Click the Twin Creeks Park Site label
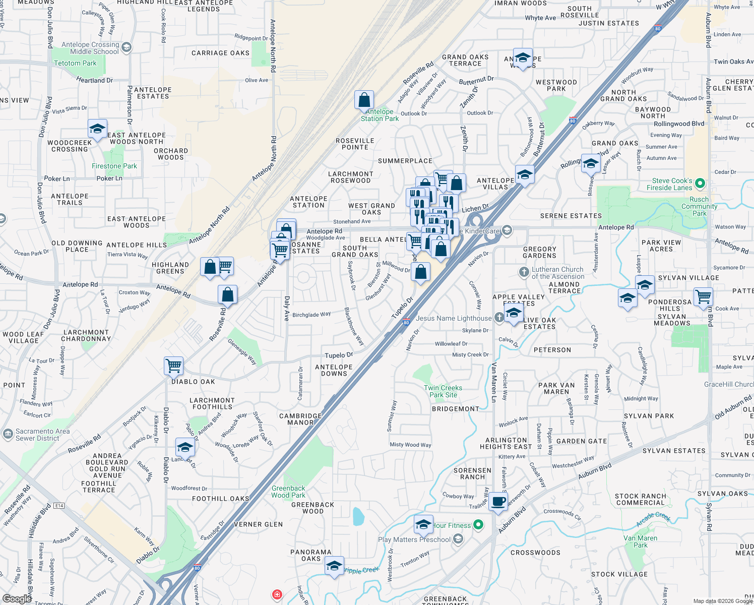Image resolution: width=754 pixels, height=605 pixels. [x=443, y=391]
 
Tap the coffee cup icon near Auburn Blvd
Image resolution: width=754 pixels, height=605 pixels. [x=498, y=502]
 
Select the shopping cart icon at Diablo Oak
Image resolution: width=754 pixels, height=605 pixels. [x=173, y=366]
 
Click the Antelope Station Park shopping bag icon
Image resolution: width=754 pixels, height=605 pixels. [x=364, y=100]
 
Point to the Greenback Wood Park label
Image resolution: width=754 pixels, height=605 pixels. [x=288, y=492]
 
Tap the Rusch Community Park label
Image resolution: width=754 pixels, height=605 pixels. [x=699, y=206]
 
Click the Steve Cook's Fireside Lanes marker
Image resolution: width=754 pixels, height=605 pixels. [x=700, y=184]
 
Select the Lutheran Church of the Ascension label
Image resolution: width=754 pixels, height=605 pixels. [x=557, y=273]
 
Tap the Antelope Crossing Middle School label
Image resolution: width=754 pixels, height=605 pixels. [x=91, y=48]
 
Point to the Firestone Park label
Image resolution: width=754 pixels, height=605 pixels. [x=114, y=166]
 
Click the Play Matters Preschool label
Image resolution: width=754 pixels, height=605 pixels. [x=414, y=539]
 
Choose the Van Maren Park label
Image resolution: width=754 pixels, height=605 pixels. [x=641, y=541]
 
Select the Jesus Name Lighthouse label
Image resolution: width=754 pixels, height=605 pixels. [x=454, y=318]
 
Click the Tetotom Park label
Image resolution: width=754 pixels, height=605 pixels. [x=75, y=63]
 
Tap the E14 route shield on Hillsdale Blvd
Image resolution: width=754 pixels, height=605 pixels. [x=59, y=505]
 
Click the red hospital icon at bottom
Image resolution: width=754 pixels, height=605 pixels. [x=277, y=594]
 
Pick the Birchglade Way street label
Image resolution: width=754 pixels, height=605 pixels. [x=311, y=315]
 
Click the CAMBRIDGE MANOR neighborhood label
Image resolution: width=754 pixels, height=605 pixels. [x=300, y=419]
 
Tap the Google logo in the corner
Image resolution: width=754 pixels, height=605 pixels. [x=17, y=598]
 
